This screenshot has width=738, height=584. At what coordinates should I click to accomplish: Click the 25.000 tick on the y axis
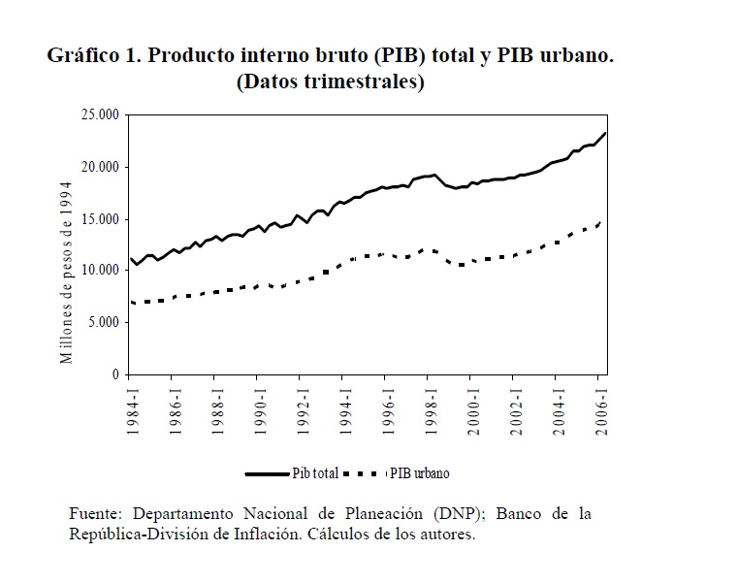click(x=100, y=115)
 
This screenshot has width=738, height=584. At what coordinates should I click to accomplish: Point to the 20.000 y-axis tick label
click(x=100, y=167)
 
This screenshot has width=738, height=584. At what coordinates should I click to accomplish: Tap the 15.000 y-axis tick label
click(x=100, y=219)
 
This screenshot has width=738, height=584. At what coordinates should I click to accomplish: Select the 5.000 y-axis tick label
click(x=103, y=322)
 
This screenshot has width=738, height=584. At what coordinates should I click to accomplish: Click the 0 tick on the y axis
click(x=113, y=374)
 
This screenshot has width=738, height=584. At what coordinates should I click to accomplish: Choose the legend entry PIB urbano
click(x=420, y=473)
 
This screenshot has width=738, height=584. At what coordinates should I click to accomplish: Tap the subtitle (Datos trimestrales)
click(x=331, y=82)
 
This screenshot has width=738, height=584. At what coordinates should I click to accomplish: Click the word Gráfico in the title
click(x=82, y=56)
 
